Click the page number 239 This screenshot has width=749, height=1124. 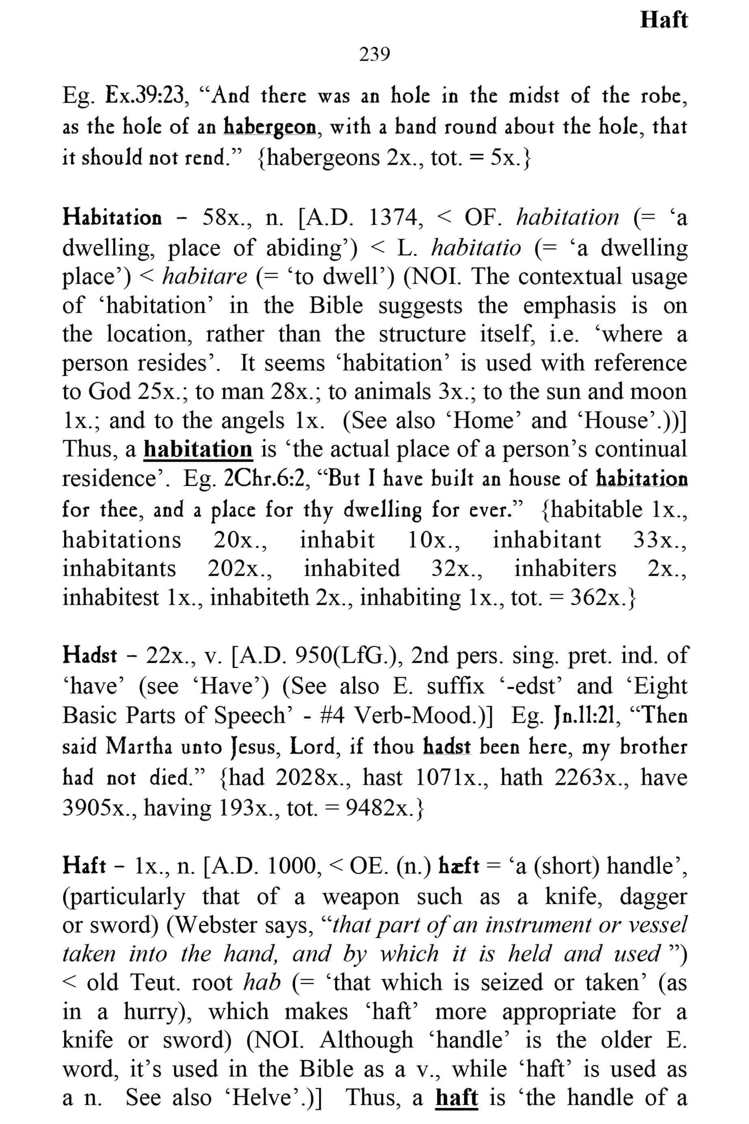tap(374, 54)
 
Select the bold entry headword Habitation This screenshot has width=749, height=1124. tap(112, 218)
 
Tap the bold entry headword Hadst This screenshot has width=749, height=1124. tap(89, 655)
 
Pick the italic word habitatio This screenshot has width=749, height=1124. tap(476, 247)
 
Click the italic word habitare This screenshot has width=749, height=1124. tap(205, 276)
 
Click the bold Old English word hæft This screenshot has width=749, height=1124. tap(458, 866)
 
